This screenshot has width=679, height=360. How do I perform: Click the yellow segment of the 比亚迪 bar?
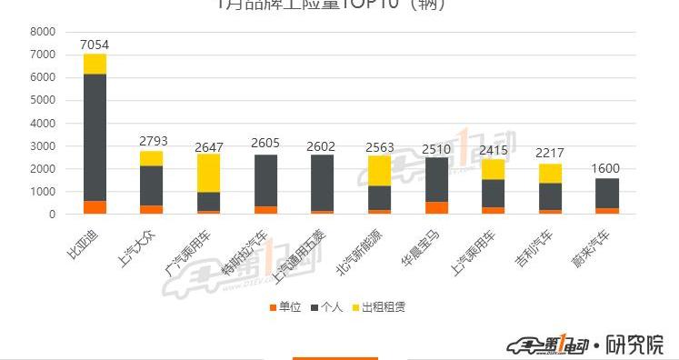click(x=95, y=64)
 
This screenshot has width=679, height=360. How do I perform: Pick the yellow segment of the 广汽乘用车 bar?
click(x=208, y=173)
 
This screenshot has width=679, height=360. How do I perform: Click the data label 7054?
click(x=95, y=45)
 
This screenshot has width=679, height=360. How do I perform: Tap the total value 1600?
click(x=607, y=168)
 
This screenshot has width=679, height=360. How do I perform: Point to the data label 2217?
click(x=550, y=154)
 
